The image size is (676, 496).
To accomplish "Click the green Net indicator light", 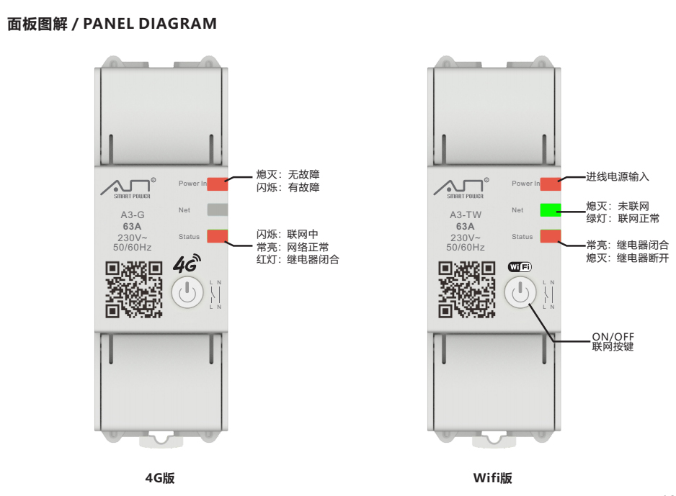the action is click(551, 209).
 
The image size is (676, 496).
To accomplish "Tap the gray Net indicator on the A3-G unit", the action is click(218, 209).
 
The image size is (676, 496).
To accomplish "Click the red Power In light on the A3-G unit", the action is click(218, 184).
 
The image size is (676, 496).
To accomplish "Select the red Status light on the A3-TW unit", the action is click(551, 236).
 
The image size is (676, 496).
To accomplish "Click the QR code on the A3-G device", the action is click(134, 289).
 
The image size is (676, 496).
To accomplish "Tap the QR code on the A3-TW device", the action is click(467, 289).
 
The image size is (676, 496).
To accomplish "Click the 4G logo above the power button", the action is click(187, 263).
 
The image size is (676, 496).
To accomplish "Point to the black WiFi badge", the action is click(520, 267).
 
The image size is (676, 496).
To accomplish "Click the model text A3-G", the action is click(133, 215).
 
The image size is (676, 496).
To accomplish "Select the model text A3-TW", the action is click(466, 215).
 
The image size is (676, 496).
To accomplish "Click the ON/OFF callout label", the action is click(613, 336).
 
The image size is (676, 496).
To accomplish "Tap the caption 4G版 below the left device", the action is click(160, 478).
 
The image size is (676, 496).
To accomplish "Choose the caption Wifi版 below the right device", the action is click(493, 478).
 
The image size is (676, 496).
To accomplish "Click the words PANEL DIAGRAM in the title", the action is click(150, 24).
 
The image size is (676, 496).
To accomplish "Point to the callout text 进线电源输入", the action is click(618, 176).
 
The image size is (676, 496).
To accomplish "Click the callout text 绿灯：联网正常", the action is click(623, 218).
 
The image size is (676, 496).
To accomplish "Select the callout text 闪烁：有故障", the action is click(288, 187).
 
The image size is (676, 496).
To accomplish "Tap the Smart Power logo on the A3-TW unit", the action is click(461, 188).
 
